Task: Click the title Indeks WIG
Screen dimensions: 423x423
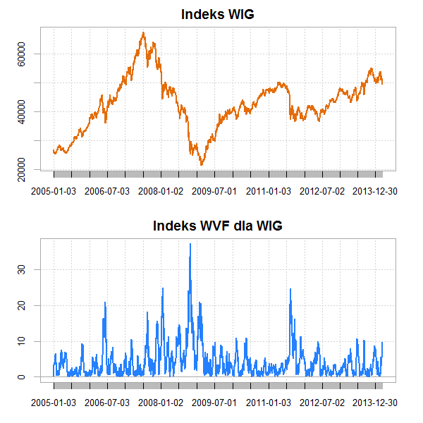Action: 217,14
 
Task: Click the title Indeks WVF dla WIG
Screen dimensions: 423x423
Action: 217,226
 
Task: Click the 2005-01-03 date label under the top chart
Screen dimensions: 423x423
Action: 54,190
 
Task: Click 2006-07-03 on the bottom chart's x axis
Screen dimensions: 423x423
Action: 108,402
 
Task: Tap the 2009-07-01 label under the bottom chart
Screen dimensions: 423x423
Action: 215,402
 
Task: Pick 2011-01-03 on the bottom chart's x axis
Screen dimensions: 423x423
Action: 269,402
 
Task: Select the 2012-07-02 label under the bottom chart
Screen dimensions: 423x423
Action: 322,402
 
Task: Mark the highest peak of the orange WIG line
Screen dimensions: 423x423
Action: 143,32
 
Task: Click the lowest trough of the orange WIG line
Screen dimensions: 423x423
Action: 202,164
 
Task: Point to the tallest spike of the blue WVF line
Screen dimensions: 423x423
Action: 190,244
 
